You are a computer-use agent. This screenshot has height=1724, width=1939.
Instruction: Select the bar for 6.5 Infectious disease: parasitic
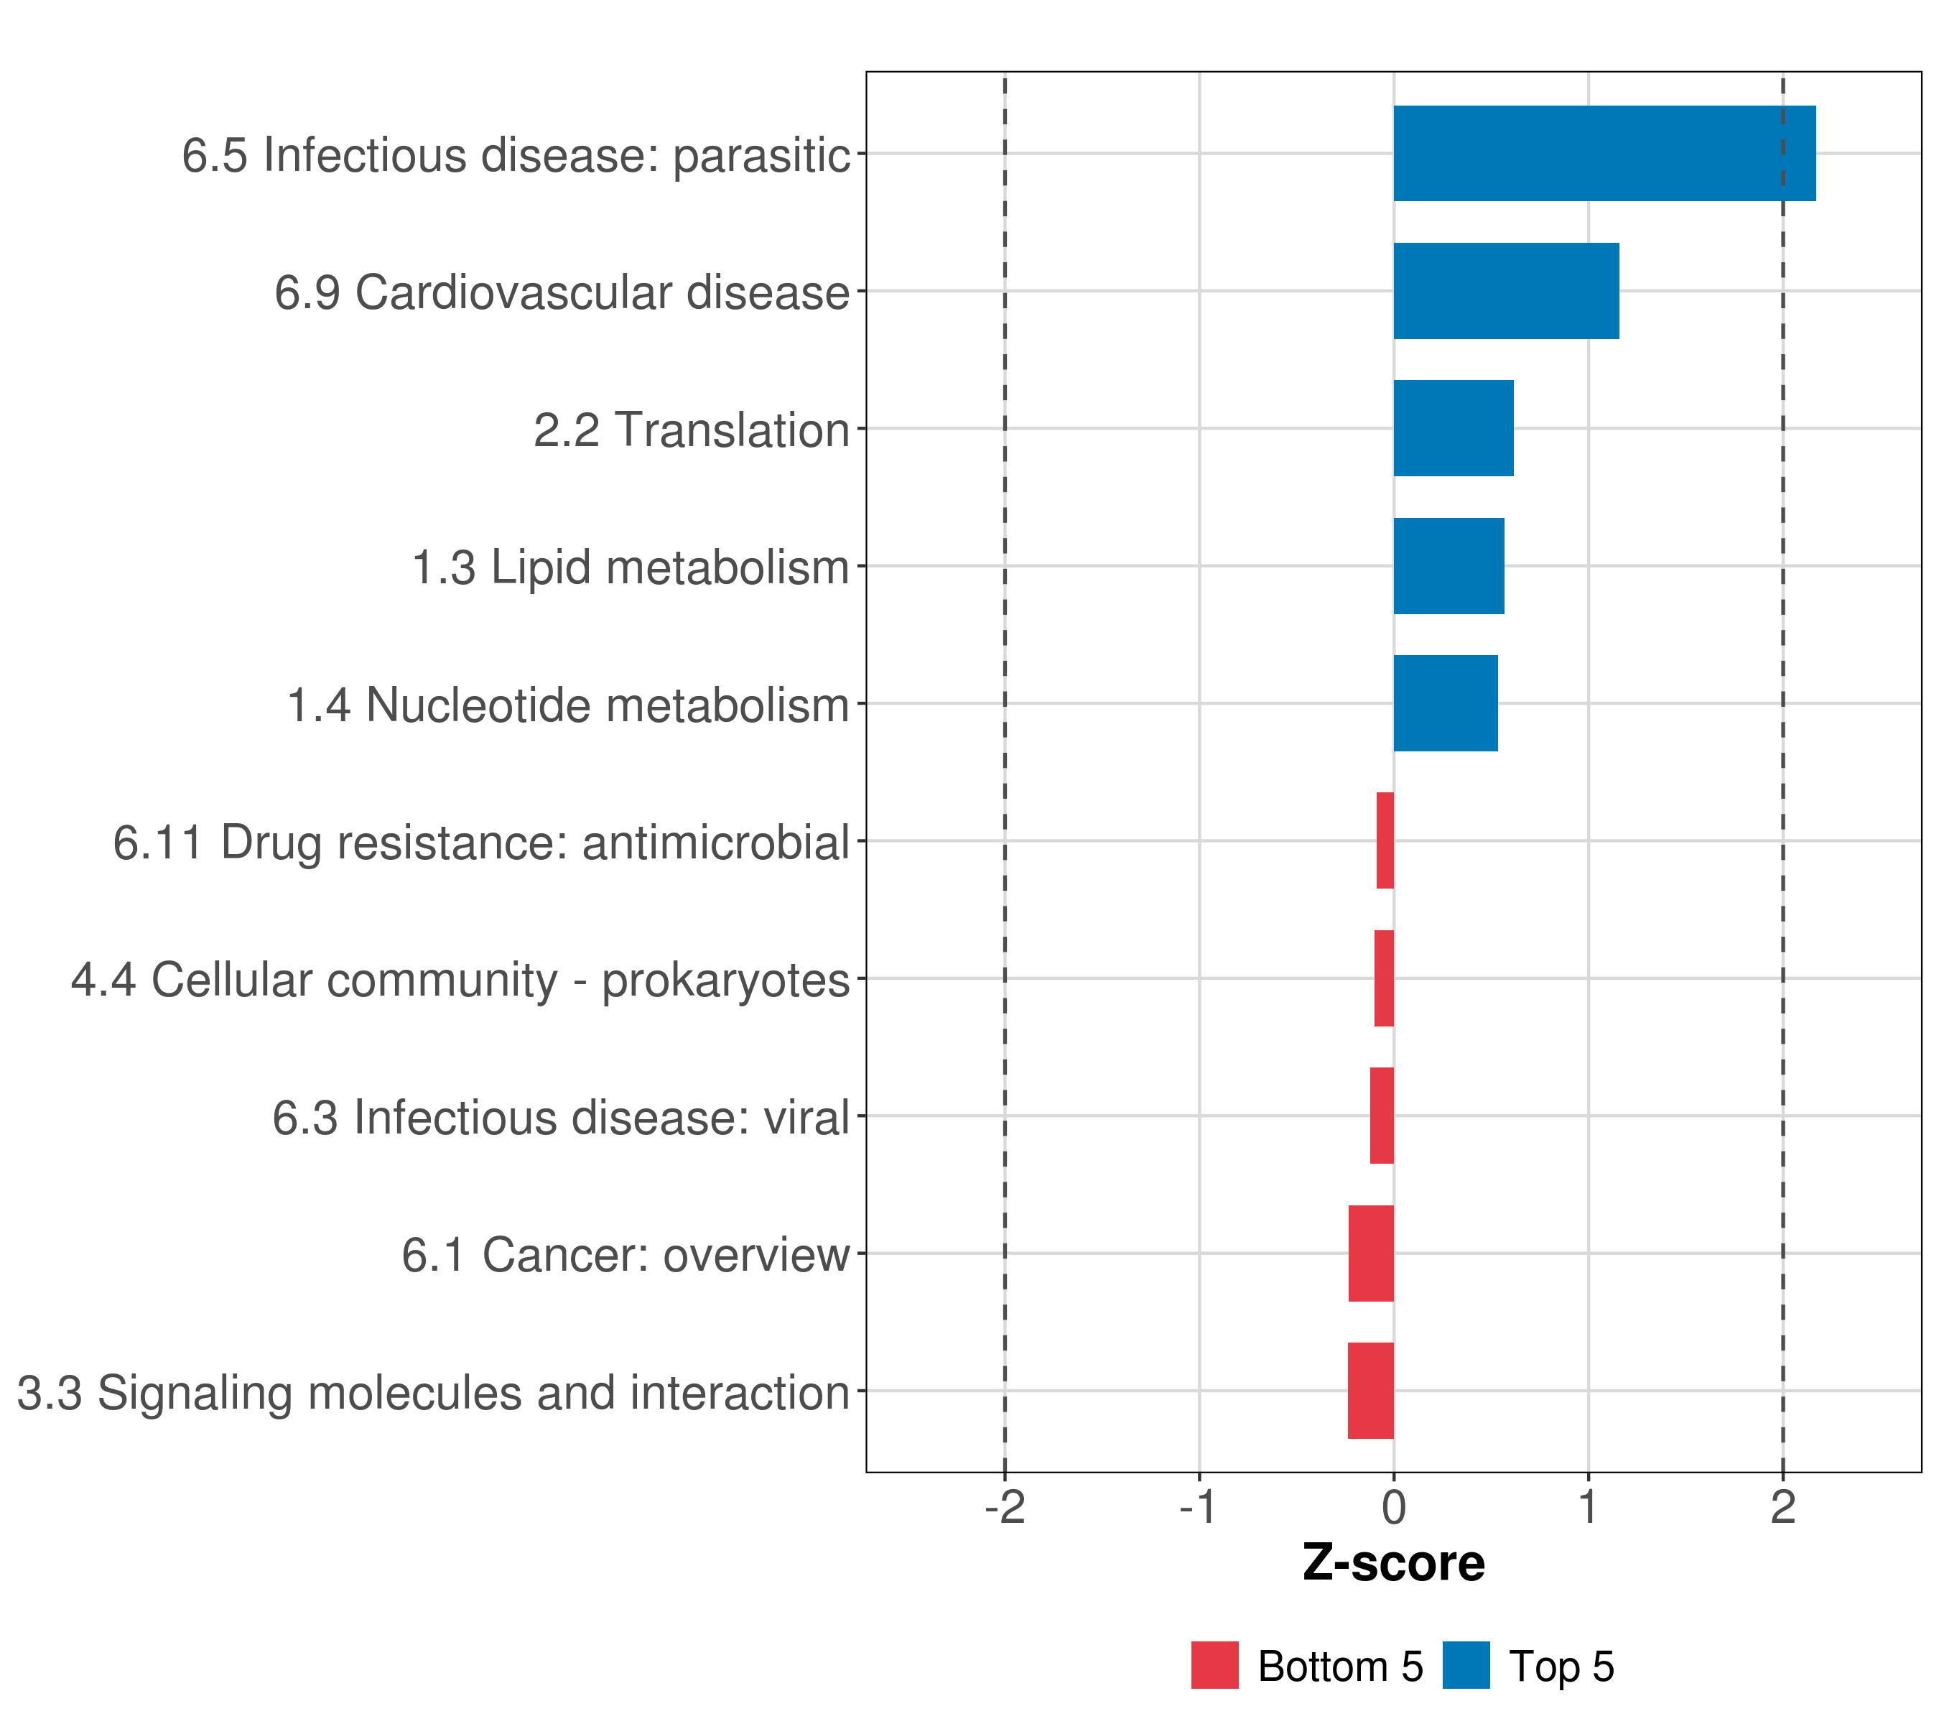tap(1603, 153)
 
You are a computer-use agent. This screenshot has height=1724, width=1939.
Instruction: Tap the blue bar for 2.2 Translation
tap(1452, 428)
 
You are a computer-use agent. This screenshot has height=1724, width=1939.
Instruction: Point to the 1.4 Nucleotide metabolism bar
tap(1445, 703)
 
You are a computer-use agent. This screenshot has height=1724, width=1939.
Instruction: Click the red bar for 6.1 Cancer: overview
tap(1371, 1253)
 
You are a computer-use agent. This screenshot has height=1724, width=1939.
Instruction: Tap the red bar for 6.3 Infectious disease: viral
tap(1381, 1115)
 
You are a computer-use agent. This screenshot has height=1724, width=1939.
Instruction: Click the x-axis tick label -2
tap(1005, 1507)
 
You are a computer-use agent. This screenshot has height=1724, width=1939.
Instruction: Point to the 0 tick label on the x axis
tap(1393, 1507)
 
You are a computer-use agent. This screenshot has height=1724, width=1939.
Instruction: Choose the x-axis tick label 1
tap(1588, 1507)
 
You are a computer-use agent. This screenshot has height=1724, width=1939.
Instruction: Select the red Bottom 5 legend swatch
tap(1214, 1665)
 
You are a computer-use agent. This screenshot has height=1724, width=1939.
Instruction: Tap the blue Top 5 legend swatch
tap(1466, 1665)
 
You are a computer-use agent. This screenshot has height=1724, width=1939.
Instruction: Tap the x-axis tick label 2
tap(1782, 1507)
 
